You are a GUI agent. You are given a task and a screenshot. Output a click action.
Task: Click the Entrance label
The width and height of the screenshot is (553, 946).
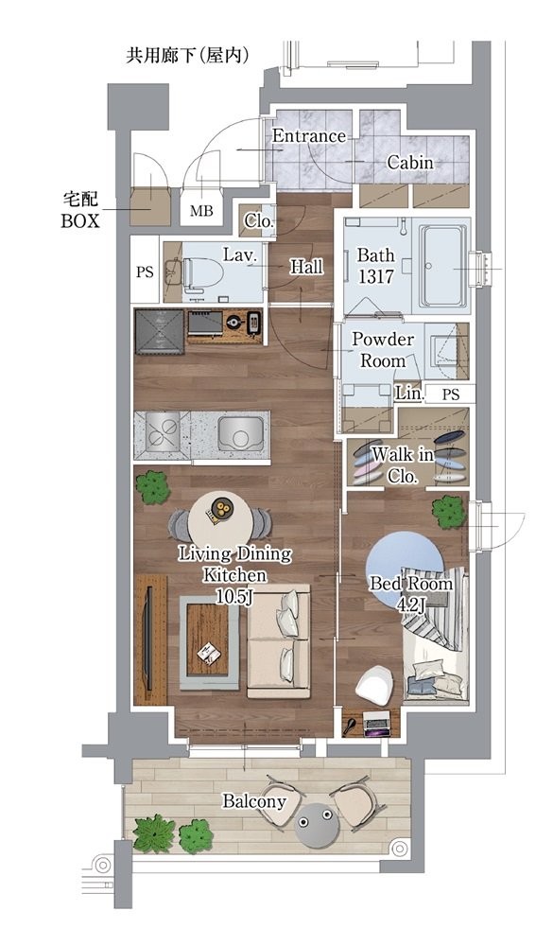[309, 135]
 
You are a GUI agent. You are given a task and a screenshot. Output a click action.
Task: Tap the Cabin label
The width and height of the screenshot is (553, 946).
[410, 163]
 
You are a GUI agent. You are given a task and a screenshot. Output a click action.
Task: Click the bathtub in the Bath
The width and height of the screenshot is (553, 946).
[443, 266]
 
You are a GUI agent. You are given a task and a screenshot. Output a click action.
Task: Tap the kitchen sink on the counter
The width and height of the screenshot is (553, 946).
[241, 430]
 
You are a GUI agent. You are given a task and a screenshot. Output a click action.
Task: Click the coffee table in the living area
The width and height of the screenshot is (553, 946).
[209, 642]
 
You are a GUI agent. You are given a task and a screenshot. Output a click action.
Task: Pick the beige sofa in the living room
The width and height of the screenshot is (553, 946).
[279, 640]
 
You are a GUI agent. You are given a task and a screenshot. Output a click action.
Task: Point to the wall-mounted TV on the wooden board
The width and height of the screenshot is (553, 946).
[147, 639]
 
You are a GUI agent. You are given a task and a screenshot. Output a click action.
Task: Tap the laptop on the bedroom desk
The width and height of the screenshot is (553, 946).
[377, 724]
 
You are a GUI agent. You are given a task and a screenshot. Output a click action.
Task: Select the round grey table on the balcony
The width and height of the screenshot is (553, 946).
[316, 824]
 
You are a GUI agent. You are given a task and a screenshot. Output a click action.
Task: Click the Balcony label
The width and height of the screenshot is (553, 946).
[254, 802]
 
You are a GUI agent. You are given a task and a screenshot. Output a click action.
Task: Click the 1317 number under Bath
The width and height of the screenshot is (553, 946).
[375, 277]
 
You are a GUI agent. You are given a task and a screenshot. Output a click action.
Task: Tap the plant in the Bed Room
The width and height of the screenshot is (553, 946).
[449, 512]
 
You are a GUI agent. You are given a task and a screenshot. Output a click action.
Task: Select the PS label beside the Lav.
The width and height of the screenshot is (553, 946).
[145, 272]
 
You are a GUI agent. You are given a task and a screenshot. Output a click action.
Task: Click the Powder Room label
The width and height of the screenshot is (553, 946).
[383, 350]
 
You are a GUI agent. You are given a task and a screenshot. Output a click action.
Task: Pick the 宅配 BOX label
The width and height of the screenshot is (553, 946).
[80, 210]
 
